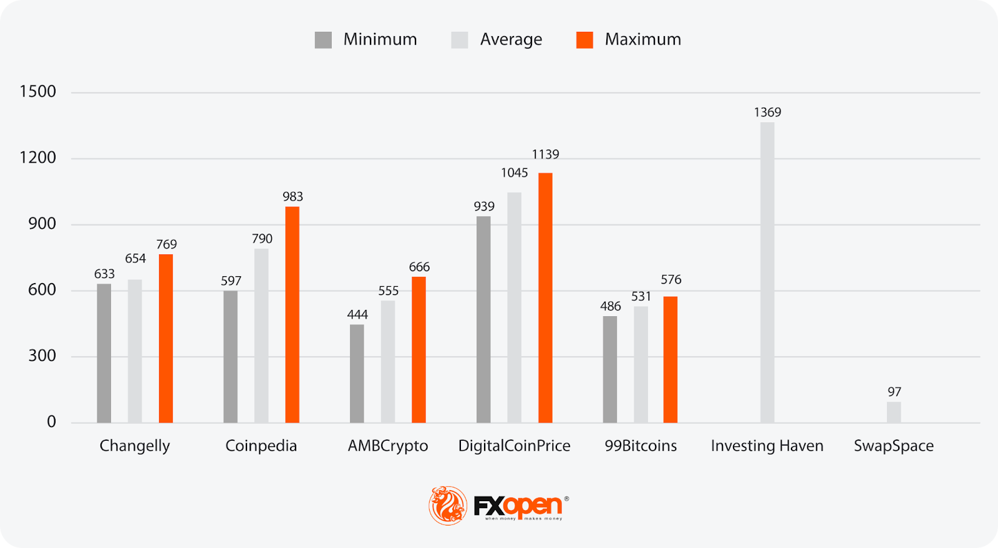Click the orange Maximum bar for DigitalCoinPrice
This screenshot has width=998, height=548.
545,298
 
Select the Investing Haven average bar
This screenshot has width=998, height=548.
767,272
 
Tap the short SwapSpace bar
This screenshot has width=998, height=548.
894,412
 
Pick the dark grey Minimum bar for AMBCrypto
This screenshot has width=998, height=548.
357,373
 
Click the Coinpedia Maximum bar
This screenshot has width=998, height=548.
292,315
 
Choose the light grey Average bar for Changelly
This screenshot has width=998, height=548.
135,351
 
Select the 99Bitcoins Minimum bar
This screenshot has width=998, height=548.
610,369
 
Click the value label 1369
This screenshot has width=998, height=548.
767,112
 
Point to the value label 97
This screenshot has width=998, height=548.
894,392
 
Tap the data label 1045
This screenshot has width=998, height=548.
515,173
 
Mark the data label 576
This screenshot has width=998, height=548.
671,280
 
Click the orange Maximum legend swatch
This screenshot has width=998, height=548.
584,40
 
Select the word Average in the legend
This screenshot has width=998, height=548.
511,40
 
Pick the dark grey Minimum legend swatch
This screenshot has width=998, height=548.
323,40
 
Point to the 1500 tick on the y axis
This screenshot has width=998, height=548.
38,92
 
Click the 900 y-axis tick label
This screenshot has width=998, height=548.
42,224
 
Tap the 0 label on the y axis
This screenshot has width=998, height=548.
51,422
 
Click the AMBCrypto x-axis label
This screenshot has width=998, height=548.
388,446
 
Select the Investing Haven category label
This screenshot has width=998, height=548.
767,446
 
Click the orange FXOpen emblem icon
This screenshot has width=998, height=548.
447,505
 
